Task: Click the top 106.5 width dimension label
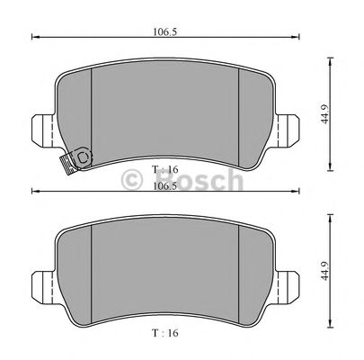click(x=163, y=31)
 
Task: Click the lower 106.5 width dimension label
click(x=163, y=186)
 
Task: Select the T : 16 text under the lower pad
click(x=165, y=332)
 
